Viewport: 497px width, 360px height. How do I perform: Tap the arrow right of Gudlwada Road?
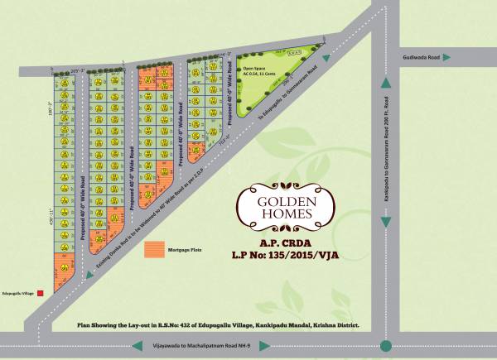pos(446,58)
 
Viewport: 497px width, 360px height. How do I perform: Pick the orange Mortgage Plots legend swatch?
pos(153,248)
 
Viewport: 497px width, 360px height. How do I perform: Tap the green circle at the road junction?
pos(385,344)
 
